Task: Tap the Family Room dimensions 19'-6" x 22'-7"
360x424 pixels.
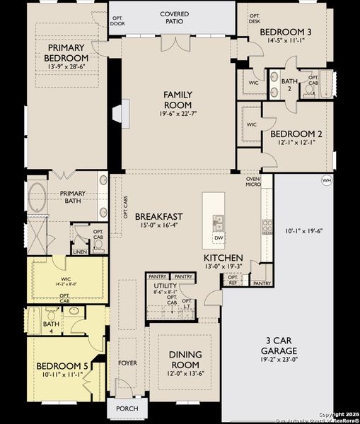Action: click(178, 113)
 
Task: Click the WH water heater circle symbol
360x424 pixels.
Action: click(327, 180)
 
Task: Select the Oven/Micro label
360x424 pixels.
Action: click(252, 182)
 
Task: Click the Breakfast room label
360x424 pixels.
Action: click(159, 217)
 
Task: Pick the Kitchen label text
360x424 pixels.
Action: click(223, 258)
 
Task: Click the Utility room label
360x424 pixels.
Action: click(165, 285)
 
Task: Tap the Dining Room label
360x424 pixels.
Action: click(186, 359)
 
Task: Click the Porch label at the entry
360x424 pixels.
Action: click(127, 408)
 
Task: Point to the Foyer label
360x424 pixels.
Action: click(127, 363)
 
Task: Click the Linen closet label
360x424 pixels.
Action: click(79, 252)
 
